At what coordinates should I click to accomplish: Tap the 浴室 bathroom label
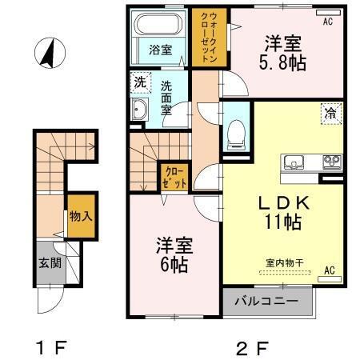click(160, 50)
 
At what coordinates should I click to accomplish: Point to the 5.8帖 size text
click(283, 64)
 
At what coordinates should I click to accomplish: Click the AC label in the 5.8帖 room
click(326, 22)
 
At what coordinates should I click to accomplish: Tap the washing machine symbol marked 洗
click(140, 82)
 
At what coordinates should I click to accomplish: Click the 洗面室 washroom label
click(166, 98)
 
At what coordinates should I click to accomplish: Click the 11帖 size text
click(283, 222)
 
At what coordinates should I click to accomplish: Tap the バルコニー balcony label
click(266, 302)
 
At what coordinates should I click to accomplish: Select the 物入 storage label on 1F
click(79, 216)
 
